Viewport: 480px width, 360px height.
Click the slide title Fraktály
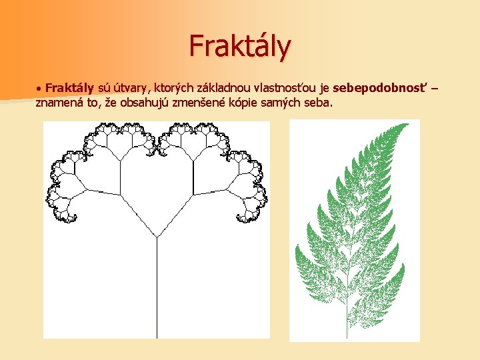(x=240, y=47)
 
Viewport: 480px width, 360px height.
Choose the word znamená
(x=59, y=103)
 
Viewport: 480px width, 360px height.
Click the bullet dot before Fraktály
(x=40, y=89)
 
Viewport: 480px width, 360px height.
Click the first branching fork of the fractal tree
(x=157, y=237)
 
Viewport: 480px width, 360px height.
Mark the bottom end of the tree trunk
(x=157, y=337)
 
